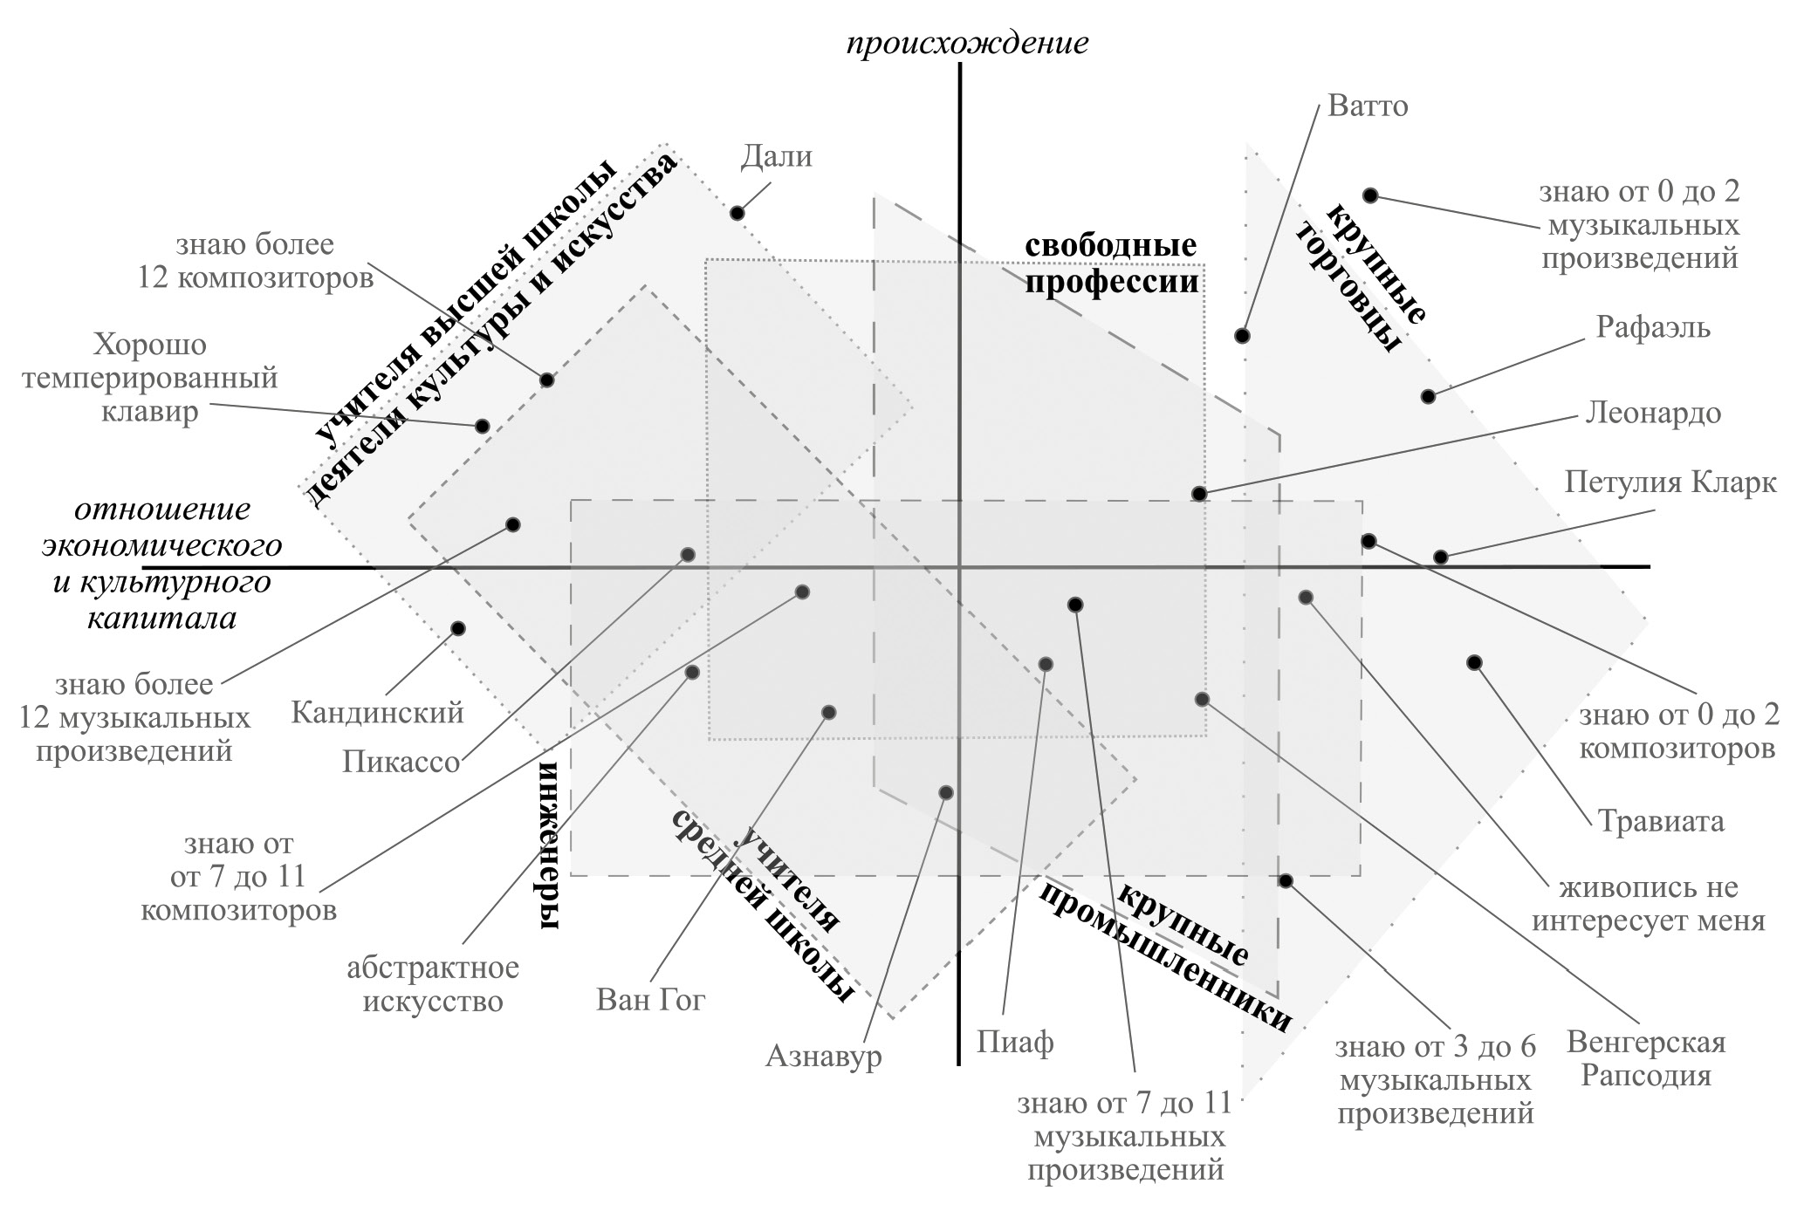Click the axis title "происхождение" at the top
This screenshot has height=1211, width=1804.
pos(968,44)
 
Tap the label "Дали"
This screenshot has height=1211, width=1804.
pos(776,156)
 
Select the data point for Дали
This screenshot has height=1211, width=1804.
pos(737,213)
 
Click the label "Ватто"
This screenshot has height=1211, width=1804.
pos(1368,106)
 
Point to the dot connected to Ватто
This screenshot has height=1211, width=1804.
pos(1242,336)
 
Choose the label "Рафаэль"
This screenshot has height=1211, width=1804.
pos(1653,327)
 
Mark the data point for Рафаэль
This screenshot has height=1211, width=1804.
pos(1428,397)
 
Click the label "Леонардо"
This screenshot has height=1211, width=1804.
pos(1653,413)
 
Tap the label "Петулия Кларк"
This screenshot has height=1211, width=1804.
pos(1670,482)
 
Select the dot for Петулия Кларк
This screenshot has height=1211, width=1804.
pos(1441,558)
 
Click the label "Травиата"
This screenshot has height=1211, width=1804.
pos(1661,821)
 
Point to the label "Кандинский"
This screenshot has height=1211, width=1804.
pos(377,713)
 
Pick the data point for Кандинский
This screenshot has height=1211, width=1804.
pos(458,629)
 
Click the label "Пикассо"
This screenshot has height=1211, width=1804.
pos(401,762)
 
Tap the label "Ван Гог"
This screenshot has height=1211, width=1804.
pos(650,999)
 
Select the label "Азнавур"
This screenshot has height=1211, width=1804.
pos(824,1057)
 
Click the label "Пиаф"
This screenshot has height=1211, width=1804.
pos(1015,1042)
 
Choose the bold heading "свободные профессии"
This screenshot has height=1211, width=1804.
pos(1111,263)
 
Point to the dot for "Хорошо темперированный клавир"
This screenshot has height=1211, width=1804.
pos(482,427)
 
